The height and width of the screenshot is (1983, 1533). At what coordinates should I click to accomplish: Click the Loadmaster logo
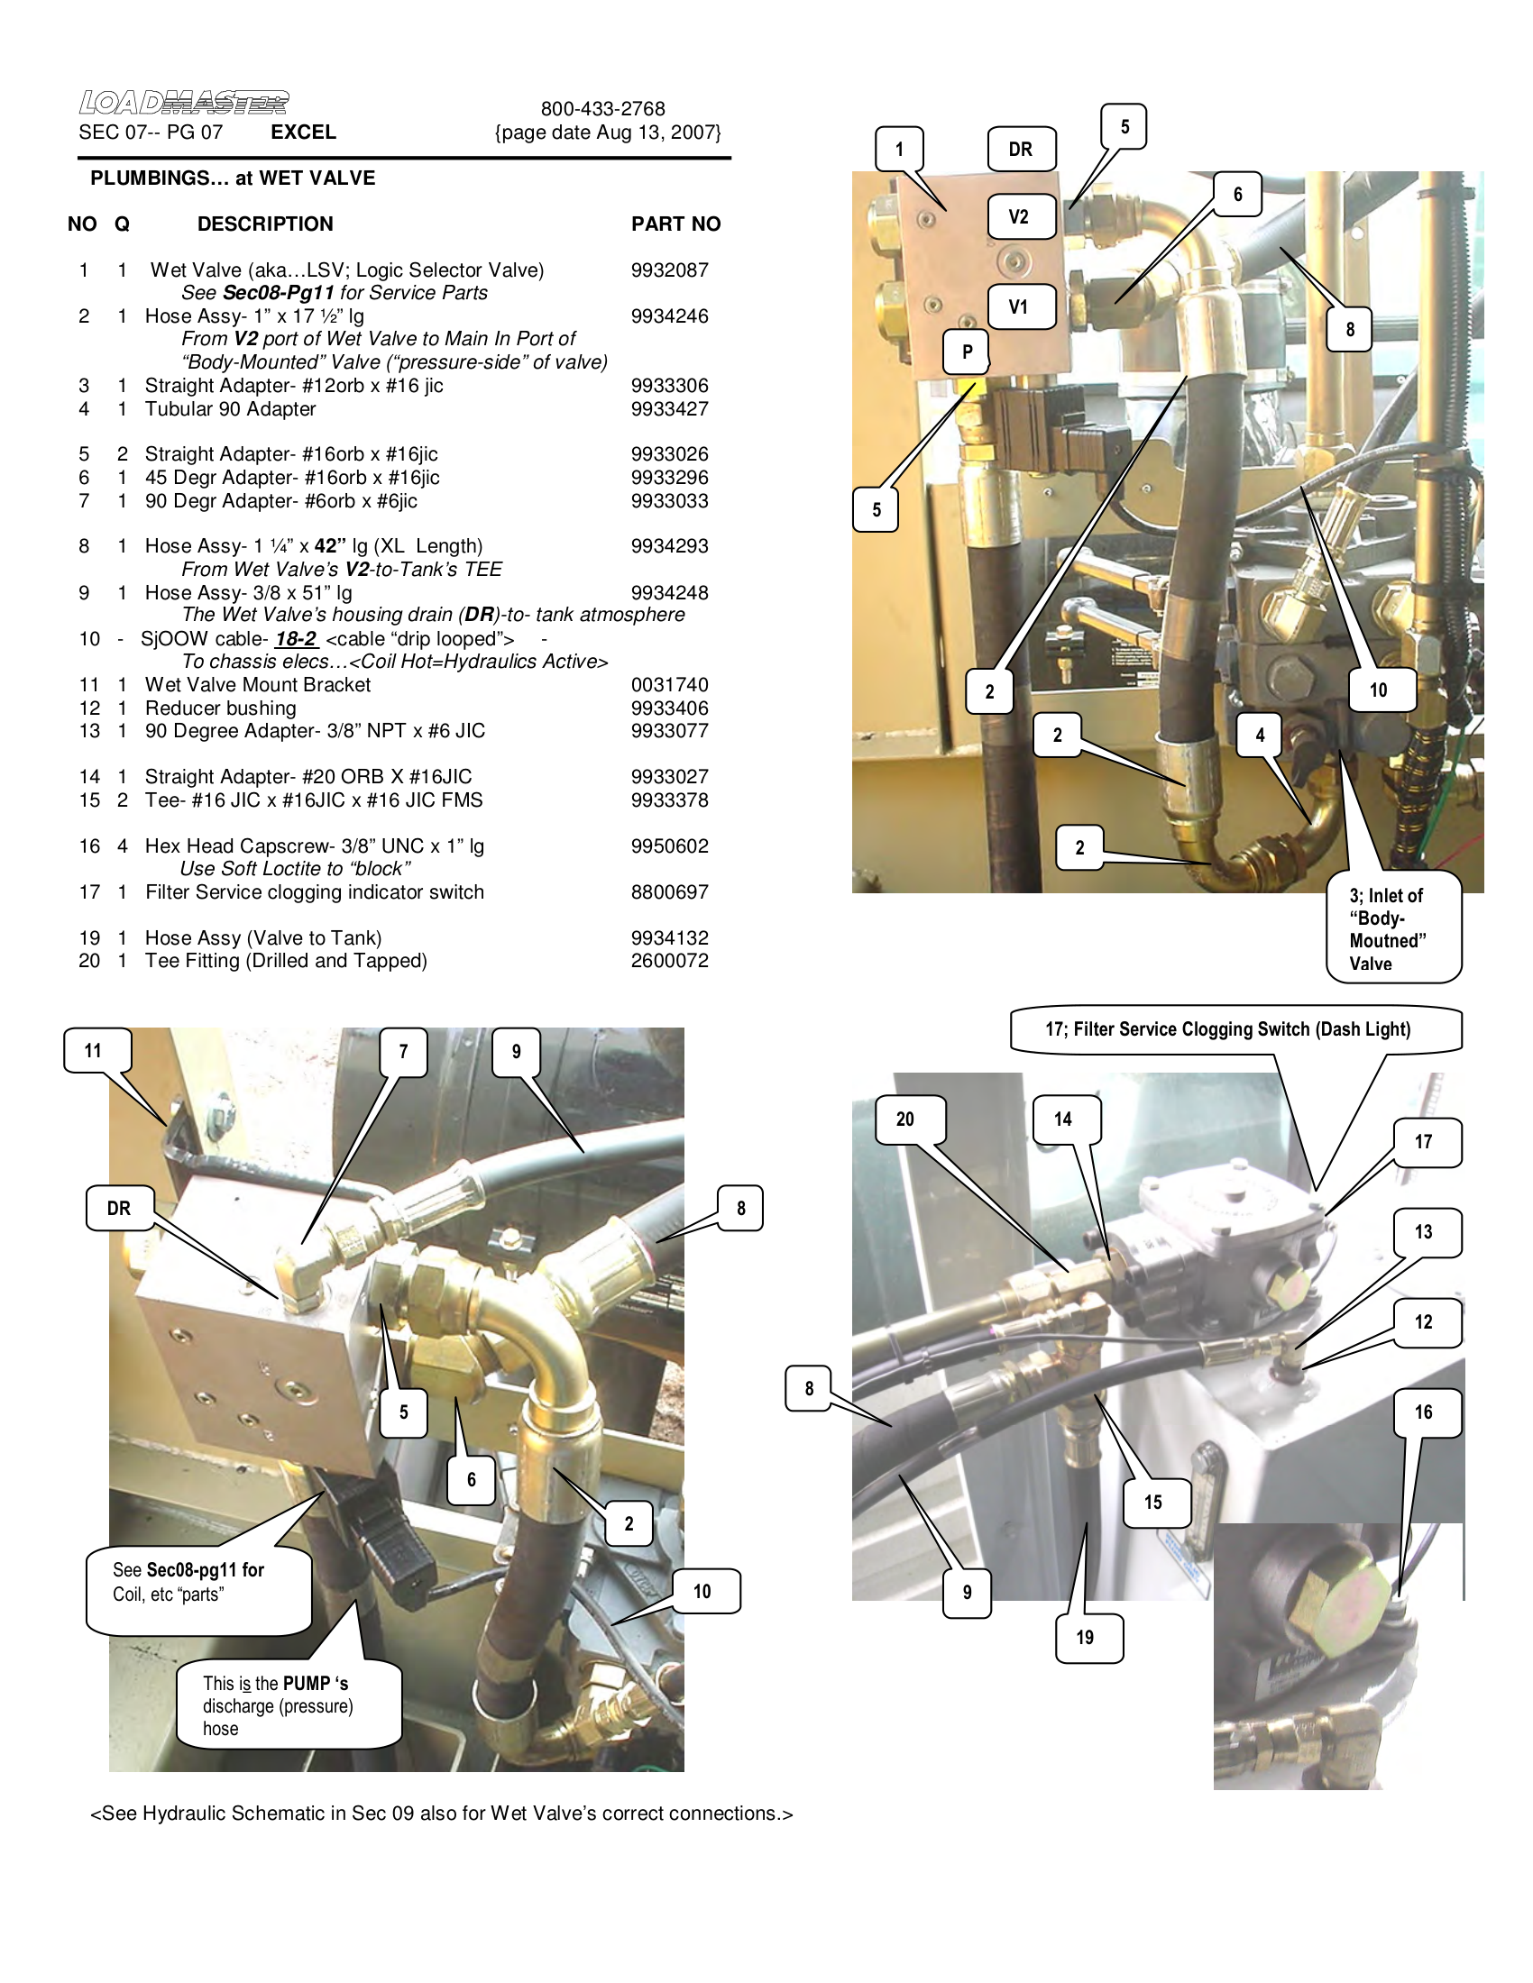tap(183, 103)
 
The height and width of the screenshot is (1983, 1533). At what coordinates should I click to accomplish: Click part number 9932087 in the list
tap(669, 270)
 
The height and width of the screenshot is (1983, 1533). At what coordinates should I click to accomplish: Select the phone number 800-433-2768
tap(603, 109)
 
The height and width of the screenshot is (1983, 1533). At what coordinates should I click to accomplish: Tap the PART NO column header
tap(675, 224)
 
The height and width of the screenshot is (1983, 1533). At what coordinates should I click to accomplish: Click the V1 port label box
tap(1019, 306)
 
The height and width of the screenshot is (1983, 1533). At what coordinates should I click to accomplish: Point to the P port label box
tap(968, 352)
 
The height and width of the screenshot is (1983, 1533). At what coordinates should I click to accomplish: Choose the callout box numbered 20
tap(905, 1119)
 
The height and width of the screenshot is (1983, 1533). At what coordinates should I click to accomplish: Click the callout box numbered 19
tap(1085, 1638)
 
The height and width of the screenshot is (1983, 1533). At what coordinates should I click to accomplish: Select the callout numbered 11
tap(94, 1050)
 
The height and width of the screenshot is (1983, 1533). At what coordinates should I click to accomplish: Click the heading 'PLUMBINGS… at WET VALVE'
tap(233, 178)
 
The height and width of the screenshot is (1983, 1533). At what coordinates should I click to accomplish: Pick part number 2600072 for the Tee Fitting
tap(669, 961)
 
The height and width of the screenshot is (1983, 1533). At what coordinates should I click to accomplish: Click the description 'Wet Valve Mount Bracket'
tap(258, 685)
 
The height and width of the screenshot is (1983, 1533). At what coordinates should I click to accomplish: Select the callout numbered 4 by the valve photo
tap(1260, 736)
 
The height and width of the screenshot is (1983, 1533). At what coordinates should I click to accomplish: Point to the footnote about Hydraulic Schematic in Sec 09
tap(442, 1814)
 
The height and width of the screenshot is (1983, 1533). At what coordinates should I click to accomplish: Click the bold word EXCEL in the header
tap(303, 133)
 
